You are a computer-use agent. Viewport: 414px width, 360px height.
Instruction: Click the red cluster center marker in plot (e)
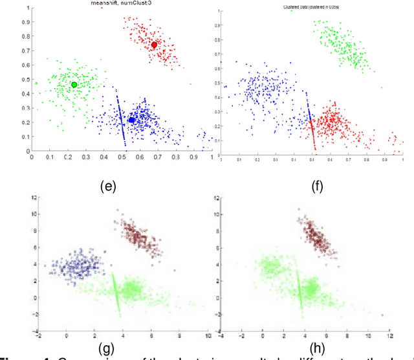click(x=154, y=45)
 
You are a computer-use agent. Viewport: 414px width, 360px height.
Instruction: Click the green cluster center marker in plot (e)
click(x=74, y=85)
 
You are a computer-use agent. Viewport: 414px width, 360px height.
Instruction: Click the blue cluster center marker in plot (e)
click(x=132, y=120)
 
